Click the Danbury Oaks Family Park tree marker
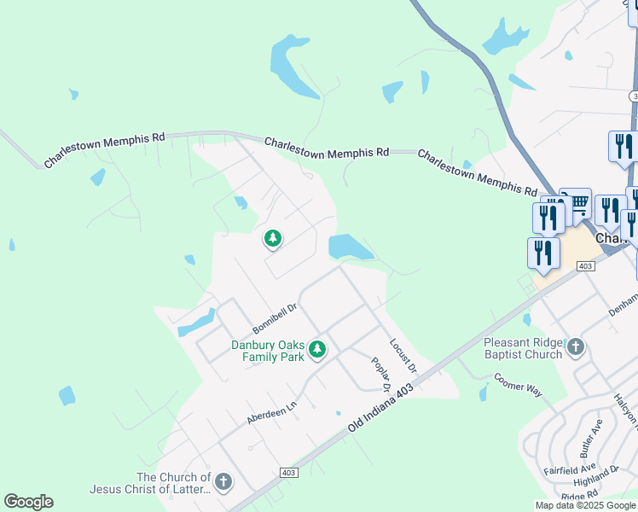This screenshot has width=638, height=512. tap(317, 349)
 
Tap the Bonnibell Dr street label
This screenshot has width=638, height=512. tap(275, 319)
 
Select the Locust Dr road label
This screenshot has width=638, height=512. tap(403, 355)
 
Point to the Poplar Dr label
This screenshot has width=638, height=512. tap(380, 374)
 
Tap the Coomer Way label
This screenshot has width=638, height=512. tap(518, 383)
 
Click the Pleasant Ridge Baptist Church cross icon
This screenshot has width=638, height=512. tap(577, 347)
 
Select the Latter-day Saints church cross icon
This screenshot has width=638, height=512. tap(223, 482)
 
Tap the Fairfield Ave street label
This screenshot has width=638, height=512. tap(569, 469)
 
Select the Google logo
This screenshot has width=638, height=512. tap(28, 502)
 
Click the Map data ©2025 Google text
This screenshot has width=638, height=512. tap(584, 505)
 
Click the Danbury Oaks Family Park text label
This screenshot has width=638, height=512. tap(268, 351)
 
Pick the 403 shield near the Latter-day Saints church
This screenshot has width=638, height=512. tap(287, 473)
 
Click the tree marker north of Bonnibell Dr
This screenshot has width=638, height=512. tap(273, 239)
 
